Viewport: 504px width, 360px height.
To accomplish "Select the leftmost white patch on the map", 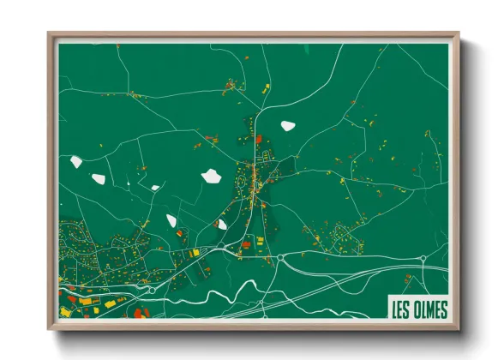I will (x=76, y=160).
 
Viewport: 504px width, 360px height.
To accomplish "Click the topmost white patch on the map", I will (x=287, y=125).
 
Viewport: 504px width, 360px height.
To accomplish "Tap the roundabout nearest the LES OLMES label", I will (x=423, y=258).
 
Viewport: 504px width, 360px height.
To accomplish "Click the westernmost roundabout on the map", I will (x=152, y=290).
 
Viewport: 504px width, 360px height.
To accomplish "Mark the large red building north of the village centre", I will (x=260, y=138).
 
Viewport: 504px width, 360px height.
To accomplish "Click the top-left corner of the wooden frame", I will (x=49, y=34).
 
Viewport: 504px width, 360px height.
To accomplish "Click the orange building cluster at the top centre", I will (x=231, y=84).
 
